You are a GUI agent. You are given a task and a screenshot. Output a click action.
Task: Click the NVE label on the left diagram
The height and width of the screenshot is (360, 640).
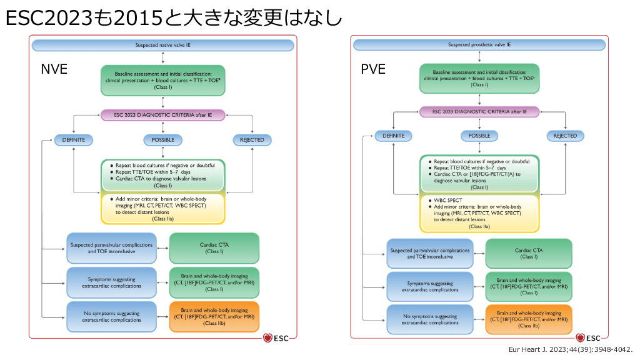pyautogui.click(x=54, y=69)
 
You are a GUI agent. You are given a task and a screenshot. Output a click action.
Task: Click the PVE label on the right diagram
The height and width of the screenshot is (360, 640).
pyautogui.click(x=373, y=69)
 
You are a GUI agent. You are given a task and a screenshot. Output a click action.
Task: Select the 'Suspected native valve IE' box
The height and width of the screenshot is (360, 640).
pyautogui.click(x=162, y=46)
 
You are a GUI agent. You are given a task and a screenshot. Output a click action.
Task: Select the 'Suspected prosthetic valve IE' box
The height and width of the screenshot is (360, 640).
pyautogui.click(x=479, y=45)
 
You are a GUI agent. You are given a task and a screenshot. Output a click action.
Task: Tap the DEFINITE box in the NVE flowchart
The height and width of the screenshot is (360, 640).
pyautogui.click(x=74, y=140)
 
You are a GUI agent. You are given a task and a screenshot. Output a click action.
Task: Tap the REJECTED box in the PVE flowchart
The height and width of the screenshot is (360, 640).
pyautogui.click(x=565, y=136)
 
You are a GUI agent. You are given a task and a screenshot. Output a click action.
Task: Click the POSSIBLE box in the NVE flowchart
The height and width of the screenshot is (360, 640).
pyautogui.click(x=162, y=140)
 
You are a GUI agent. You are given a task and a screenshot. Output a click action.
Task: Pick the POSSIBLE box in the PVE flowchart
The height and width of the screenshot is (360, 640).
pyautogui.click(x=479, y=136)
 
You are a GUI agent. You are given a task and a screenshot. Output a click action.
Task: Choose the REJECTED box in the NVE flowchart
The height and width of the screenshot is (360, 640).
pyautogui.click(x=252, y=140)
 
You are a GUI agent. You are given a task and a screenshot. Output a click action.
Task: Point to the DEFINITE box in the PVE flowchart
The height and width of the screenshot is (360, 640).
pyautogui.click(x=394, y=136)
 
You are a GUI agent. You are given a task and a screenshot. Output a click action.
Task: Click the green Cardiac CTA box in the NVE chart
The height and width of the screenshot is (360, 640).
pyautogui.click(x=214, y=248)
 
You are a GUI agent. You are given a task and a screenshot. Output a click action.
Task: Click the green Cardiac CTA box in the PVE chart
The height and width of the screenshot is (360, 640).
pyautogui.click(x=528, y=254)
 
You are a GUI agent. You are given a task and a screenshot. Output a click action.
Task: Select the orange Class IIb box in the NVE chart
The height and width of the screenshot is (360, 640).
pyautogui.click(x=214, y=317)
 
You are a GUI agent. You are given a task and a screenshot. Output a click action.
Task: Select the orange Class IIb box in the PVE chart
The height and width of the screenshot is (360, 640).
pyautogui.click(x=528, y=320)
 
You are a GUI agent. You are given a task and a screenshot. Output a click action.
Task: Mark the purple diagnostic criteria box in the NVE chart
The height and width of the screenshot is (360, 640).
pyautogui.click(x=162, y=114)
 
